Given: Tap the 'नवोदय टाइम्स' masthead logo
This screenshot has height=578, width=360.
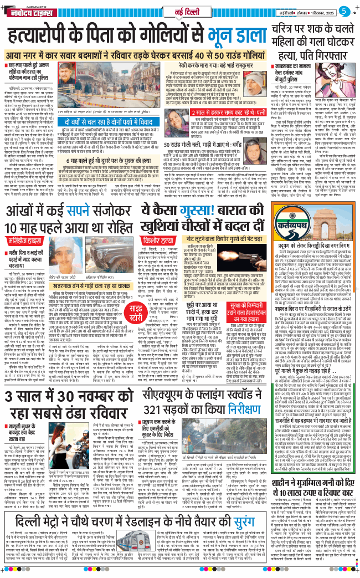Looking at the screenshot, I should point(31,9).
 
